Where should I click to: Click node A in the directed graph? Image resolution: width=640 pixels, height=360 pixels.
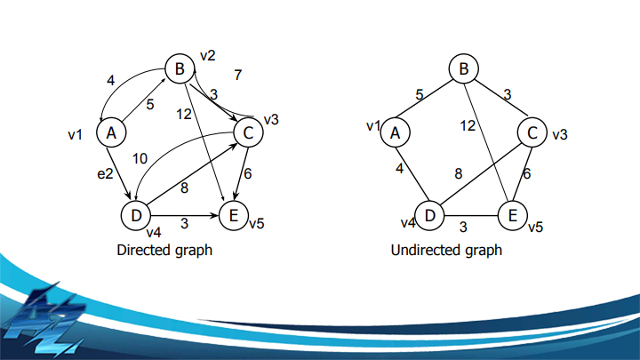(x=111, y=133)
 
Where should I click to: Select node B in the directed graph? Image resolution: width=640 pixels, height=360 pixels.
(x=178, y=68)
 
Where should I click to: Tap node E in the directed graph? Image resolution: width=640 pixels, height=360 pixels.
(x=233, y=215)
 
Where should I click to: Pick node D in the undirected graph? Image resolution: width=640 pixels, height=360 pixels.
(x=430, y=215)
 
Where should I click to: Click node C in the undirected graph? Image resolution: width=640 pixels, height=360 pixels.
(x=532, y=133)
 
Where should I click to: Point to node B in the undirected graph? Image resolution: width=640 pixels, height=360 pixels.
(x=463, y=68)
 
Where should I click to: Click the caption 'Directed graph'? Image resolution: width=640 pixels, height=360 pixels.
(x=164, y=251)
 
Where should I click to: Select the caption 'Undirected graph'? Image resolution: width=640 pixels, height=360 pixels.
(x=446, y=251)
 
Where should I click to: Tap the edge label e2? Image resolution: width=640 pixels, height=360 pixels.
(x=105, y=174)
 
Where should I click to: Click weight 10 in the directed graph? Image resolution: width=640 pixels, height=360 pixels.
(x=140, y=158)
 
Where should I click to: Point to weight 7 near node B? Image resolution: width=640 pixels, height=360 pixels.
(x=237, y=76)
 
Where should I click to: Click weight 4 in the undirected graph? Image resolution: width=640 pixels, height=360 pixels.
(x=401, y=168)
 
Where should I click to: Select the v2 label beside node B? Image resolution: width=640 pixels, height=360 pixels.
(x=208, y=56)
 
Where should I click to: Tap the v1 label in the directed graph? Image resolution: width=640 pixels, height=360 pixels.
(x=76, y=134)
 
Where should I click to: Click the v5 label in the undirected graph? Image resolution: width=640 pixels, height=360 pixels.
(x=535, y=228)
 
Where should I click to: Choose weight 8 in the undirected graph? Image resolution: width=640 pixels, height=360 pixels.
(x=459, y=174)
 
